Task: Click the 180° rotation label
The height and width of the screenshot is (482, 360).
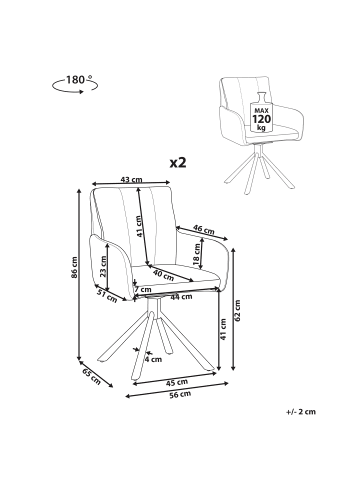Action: [x=77, y=80]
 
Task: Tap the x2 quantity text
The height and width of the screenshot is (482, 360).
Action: [x=178, y=163]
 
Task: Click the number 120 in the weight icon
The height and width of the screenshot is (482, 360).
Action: [x=261, y=119]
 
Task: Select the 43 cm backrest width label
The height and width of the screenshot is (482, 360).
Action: [x=131, y=180]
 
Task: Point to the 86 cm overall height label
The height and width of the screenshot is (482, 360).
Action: [x=74, y=267]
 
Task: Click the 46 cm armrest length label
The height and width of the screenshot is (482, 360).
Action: [x=204, y=229]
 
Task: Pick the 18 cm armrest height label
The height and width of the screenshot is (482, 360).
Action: [x=197, y=255]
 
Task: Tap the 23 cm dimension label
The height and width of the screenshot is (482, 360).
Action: [x=103, y=267]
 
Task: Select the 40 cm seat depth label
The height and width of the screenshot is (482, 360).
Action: [x=163, y=275]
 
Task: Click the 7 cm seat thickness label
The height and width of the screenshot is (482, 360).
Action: [x=143, y=289]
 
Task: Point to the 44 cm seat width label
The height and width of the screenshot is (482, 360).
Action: [x=181, y=296]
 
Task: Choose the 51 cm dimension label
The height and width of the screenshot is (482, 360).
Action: [x=107, y=296]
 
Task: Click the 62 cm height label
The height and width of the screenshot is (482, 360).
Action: [x=237, y=311]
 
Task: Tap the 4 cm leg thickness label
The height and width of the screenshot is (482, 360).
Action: [x=153, y=359]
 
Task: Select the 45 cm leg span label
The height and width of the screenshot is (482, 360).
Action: [x=177, y=382]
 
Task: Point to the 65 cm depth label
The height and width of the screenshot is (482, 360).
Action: [x=91, y=377]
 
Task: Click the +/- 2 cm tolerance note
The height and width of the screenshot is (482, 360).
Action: [x=301, y=412]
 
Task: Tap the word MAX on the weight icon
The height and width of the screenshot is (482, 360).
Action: [x=261, y=110]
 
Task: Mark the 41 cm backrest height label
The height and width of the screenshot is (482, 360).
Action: [x=140, y=227]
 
